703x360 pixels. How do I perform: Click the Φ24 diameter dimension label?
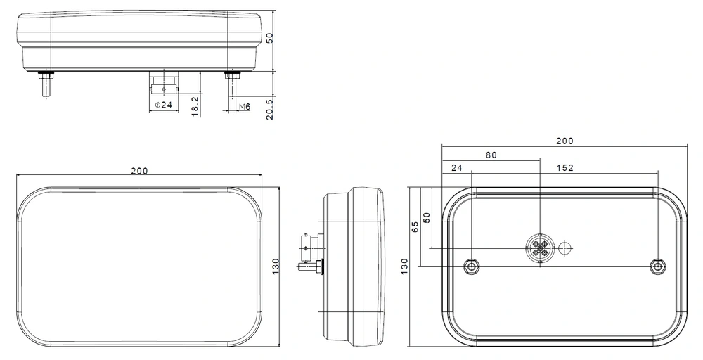(x=164, y=105)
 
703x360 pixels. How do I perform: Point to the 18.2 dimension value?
(x=195, y=106)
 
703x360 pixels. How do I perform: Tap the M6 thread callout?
(x=245, y=107)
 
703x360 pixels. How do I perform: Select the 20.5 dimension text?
(x=269, y=109)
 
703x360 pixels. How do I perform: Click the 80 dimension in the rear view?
(x=491, y=155)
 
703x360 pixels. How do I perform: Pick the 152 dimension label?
(x=565, y=168)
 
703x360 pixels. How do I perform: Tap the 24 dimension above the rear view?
(x=456, y=168)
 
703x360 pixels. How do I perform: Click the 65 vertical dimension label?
(x=415, y=227)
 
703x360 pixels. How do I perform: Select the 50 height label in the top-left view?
(x=269, y=38)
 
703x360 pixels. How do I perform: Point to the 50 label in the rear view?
(x=427, y=217)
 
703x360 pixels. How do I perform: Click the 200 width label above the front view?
(x=139, y=171)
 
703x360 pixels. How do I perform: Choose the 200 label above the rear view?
(x=565, y=141)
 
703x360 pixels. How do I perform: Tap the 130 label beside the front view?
(x=276, y=266)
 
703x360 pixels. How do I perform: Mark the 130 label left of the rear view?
(x=404, y=266)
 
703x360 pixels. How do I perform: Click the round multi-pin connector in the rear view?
(x=540, y=247)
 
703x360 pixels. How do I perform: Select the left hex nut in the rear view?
(x=472, y=266)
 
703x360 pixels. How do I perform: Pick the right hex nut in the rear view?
(x=658, y=266)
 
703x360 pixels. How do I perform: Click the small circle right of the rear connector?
(x=566, y=247)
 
